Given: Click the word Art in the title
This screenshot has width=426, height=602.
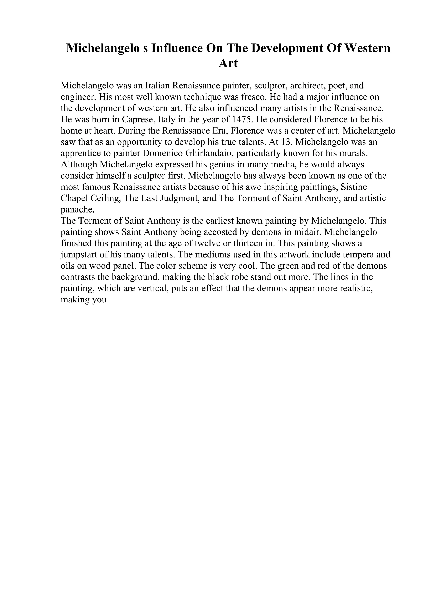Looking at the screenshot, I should (x=228, y=63).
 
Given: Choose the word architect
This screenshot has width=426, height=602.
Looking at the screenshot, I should (x=308, y=86).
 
